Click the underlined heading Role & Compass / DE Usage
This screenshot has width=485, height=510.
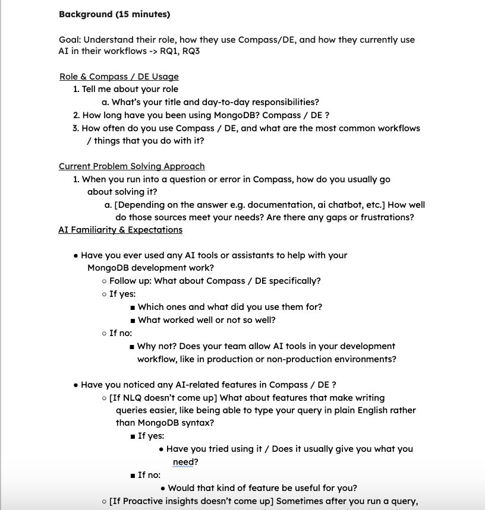[x=119, y=77]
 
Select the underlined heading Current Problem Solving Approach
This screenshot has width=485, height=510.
[x=131, y=166]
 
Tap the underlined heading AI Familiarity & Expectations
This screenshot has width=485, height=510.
[x=120, y=230]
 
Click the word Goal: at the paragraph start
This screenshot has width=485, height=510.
[x=70, y=40]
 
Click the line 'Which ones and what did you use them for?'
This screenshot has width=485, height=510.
[x=230, y=307]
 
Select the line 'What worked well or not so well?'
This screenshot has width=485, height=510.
[x=207, y=320]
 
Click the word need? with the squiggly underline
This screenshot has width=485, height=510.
[x=185, y=462]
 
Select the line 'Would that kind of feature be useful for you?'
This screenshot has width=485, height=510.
[x=262, y=488]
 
